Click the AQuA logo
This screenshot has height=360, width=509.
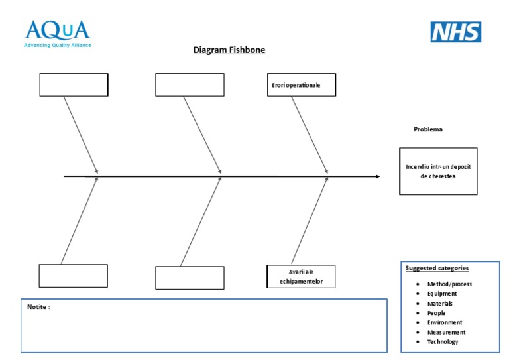pos(57,30)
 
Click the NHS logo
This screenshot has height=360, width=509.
pos(456,32)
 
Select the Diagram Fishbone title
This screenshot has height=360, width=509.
pos(229,50)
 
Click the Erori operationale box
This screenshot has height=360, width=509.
pos(301,85)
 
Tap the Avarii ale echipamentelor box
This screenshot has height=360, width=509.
pos(302,276)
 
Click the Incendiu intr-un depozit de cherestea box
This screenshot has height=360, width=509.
pos(438,171)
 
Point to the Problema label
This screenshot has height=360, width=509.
pos(428,129)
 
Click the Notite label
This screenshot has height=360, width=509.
pos(38,307)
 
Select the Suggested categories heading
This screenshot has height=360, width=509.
pos(437,269)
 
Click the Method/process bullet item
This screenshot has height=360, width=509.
pos(449,284)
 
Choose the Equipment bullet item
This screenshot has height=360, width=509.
pos(442,293)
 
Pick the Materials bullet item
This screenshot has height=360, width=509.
pos(440,303)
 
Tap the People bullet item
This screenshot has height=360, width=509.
pos(437,313)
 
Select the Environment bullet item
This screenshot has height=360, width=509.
pos(445,322)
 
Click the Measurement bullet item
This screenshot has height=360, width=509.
pos(446,332)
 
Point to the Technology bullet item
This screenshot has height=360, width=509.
pos(443,342)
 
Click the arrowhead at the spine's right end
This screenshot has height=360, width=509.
pos(377,176)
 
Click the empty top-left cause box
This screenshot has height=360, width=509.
pos(74,85)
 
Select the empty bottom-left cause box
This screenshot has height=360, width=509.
pos(73,276)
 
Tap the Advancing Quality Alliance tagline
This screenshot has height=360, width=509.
pos(58,46)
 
